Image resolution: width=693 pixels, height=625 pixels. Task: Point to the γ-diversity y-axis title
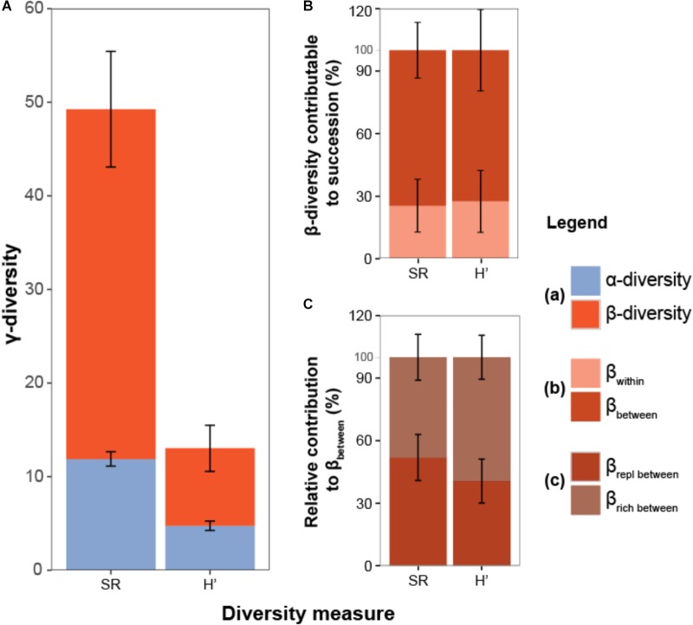pyautogui.click(x=15, y=288)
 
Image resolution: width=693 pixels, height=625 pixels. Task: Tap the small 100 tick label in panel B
pyautogui.click(x=365, y=50)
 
